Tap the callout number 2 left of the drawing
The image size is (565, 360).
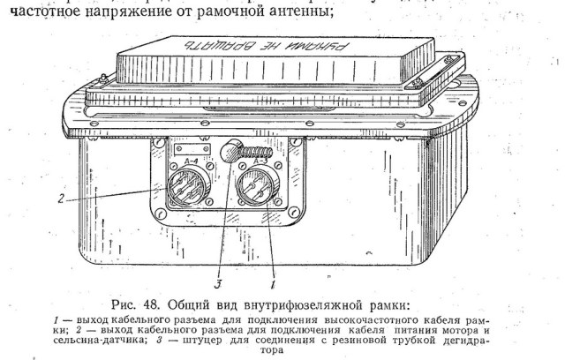point(59,199)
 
